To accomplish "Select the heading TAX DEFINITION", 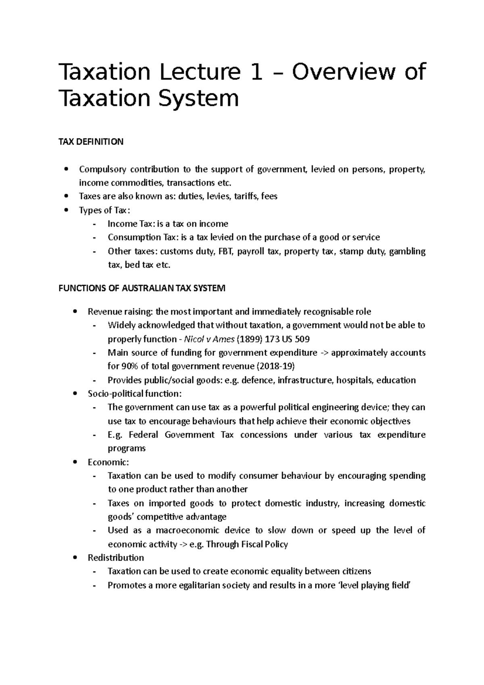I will pyautogui.click(x=91, y=142).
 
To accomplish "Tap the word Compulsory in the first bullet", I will pyautogui.click(x=102, y=169).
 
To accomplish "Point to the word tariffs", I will pyautogui.click(x=246, y=196).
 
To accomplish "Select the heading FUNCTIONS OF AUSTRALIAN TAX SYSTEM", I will pyautogui.click(x=142, y=288).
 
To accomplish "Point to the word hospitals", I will pyautogui.click(x=355, y=380).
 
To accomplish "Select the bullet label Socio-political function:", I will pyautogui.click(x=135, y=394).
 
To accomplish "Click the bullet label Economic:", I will pyautogui.click(x=108, y=462).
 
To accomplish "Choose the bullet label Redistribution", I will pyautogui.click(x=116, y=558).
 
